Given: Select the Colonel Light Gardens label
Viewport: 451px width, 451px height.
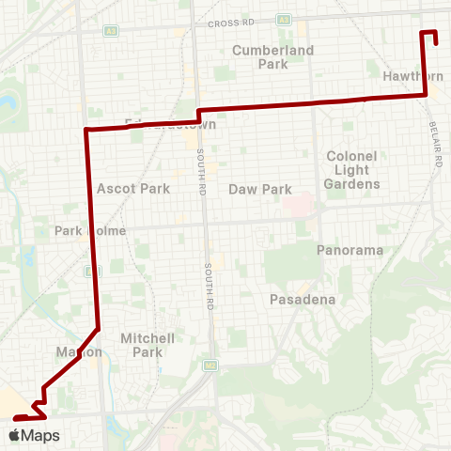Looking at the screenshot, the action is tap(352, 169).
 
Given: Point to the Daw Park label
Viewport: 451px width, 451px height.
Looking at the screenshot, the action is tap(260, 189).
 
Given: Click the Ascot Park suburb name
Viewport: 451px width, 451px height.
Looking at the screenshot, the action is tap(133, 188).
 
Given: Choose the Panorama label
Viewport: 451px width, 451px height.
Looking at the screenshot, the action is tap(350, 250).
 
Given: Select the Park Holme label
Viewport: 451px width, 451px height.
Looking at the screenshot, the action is tap(84, 230).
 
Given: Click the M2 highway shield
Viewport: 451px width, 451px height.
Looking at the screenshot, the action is tap(211, 365).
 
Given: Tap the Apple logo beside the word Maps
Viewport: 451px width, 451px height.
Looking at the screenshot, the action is tap(16, 435).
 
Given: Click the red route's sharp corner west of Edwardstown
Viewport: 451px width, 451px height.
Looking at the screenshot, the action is tap(86, 130).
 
